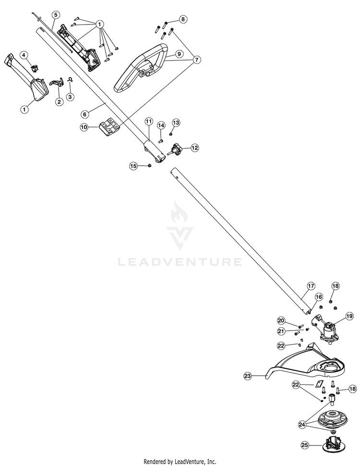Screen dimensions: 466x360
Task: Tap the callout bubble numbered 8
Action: click(182, 19)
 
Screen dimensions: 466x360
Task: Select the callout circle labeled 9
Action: click(178, 54)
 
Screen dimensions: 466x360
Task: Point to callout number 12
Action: click(195, 148)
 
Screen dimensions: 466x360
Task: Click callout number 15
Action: click(133, 166)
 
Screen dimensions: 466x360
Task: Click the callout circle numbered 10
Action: click(84, 127)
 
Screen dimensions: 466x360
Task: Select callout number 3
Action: click(71, 96)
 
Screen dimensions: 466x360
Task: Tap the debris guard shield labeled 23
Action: click(298, 365)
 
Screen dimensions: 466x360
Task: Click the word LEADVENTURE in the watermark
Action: click(180, 262)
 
